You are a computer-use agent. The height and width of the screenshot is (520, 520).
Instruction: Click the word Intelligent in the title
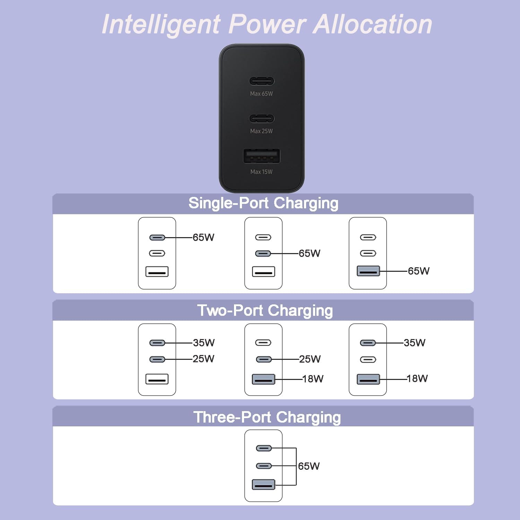click(161, 25)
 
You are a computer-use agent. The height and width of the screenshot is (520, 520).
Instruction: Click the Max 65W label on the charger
click(261, 94)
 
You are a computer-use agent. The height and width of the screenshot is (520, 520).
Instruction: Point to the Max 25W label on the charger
click(261, 131)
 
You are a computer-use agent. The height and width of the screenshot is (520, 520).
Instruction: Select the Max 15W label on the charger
click(261, 172)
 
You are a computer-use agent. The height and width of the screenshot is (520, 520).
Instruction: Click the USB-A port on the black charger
click(262, 156)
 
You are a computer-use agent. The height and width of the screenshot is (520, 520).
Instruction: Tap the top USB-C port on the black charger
click(262, 81)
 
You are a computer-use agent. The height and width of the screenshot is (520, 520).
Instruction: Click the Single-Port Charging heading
click(263, 203)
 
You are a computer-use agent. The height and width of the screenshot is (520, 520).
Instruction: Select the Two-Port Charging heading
click(265, 311)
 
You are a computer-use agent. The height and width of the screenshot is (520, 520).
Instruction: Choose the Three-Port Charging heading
click(267, 417)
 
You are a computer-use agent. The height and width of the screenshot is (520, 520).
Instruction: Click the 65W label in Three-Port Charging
click(309, 466)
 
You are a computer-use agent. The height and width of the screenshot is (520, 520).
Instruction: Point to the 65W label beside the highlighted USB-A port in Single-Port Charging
click(418, 271)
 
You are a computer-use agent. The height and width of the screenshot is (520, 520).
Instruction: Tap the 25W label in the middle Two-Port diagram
click(310, 359)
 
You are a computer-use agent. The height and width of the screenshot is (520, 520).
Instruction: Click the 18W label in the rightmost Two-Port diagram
click(417, 378)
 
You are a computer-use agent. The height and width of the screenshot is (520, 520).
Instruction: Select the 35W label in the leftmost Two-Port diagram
click(203, 343)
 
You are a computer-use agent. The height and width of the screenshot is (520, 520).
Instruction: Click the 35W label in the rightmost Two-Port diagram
click(414, 343)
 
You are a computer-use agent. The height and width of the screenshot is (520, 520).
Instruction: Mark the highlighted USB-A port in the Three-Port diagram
click(263, 484)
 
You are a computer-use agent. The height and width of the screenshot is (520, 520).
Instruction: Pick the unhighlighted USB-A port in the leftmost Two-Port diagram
click(157, 379)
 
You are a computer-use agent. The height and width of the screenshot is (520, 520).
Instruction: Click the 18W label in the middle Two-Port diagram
click(313, 379)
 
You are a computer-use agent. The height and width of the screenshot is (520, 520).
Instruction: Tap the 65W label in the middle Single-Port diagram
click(309, 253)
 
